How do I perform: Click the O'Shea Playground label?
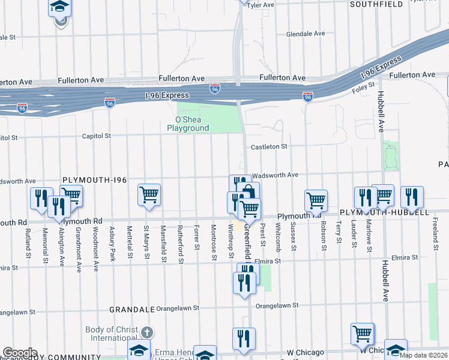pos(188,124)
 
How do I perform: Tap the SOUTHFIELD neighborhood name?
pos(376,4)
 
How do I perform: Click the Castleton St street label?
pos(270,146)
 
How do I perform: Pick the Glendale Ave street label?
pos(305,34)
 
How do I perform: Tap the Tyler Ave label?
pos(261,5)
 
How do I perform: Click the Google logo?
pos(19,353)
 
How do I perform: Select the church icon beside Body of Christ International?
pos(148,332)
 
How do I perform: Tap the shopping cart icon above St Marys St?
pos(148,194)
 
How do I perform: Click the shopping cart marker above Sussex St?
pos(316,200)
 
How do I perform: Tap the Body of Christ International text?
pos(112,334)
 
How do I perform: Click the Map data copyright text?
pos(423,355)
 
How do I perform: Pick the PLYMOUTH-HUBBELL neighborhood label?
pos(384,212)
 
